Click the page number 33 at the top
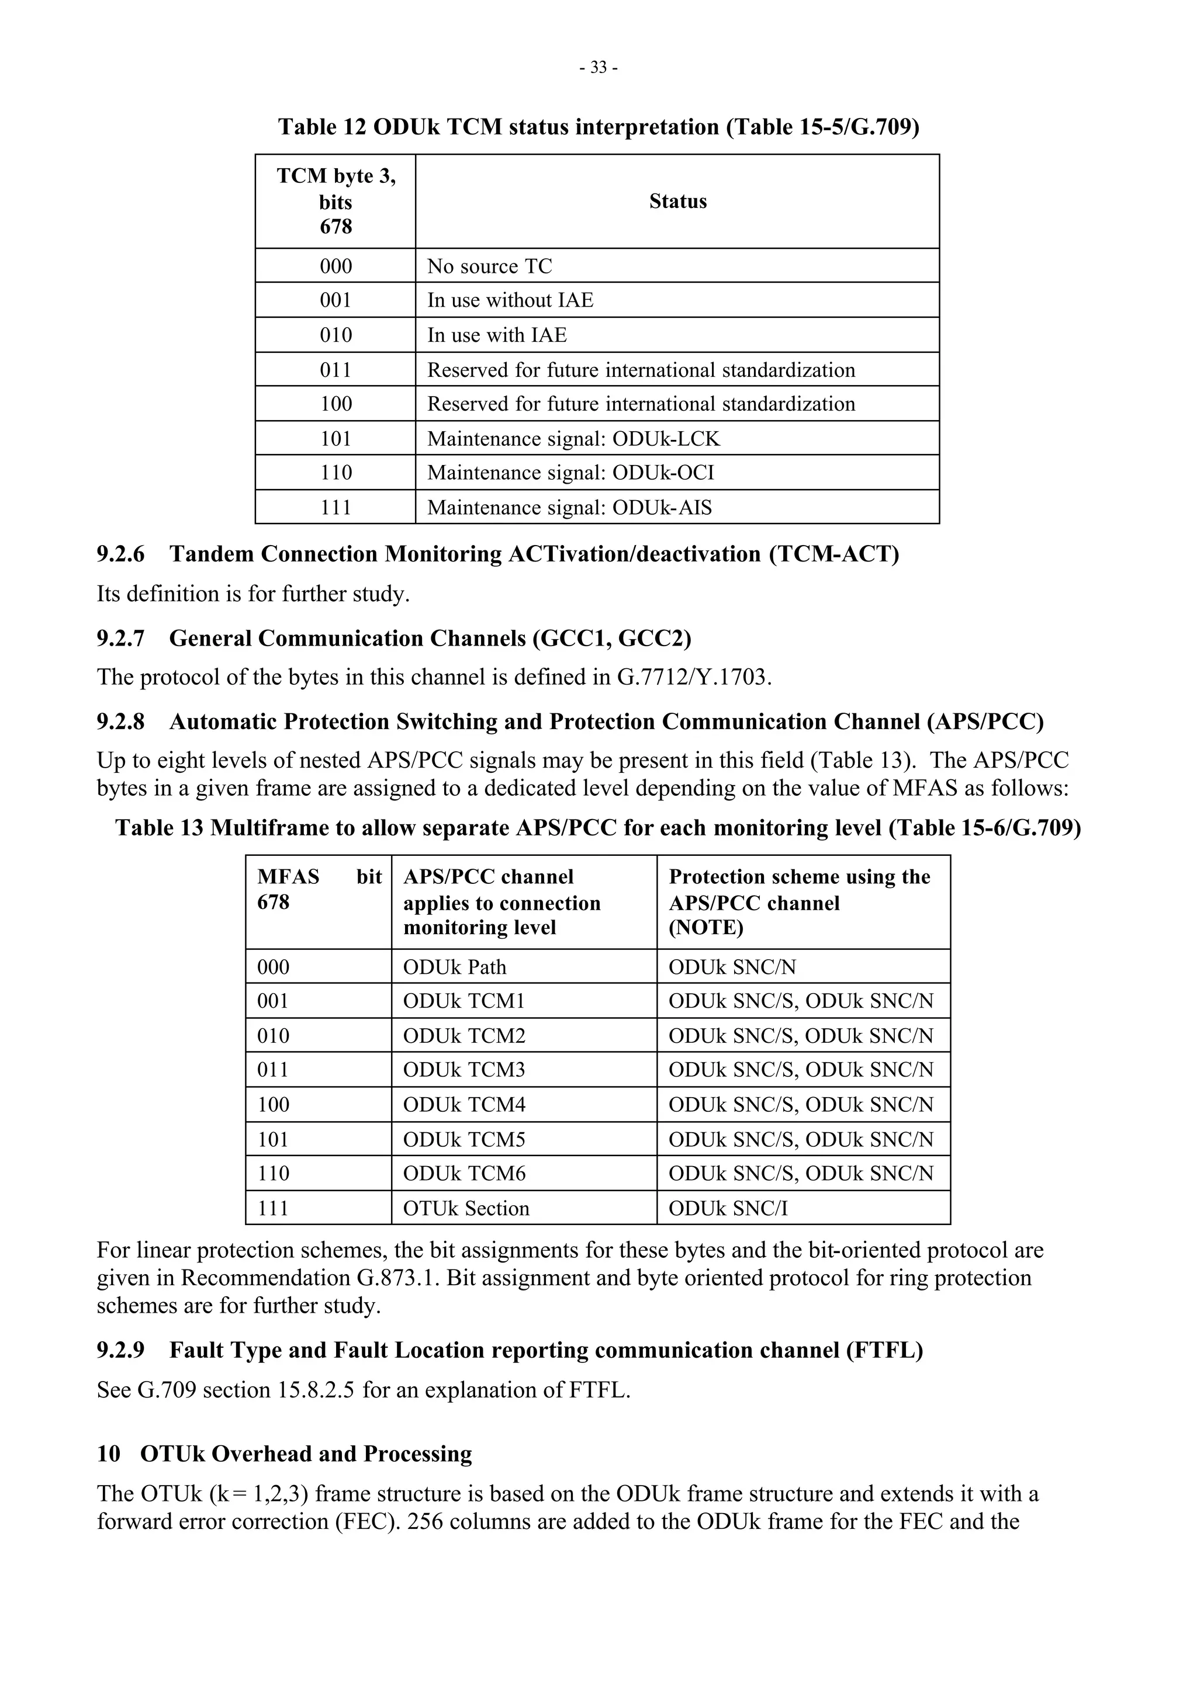tap(598, 68)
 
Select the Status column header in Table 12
tap(677, 202)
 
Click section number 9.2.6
tap(120, 554)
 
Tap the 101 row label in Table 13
tap(273, 1139)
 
